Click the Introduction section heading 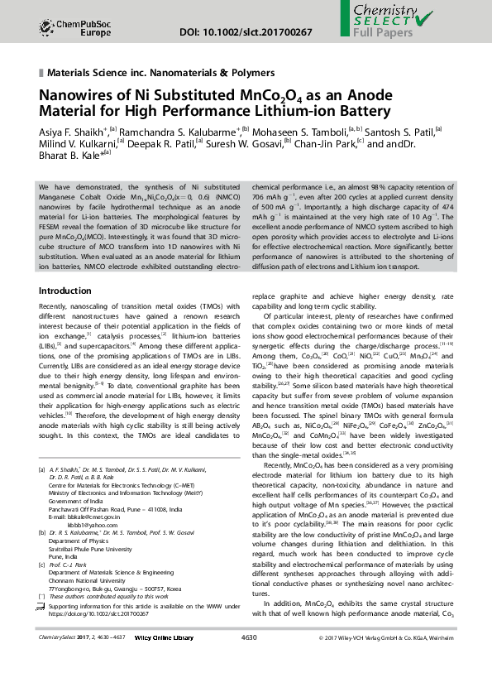coord(70,291)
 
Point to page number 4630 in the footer coord(249,637)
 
